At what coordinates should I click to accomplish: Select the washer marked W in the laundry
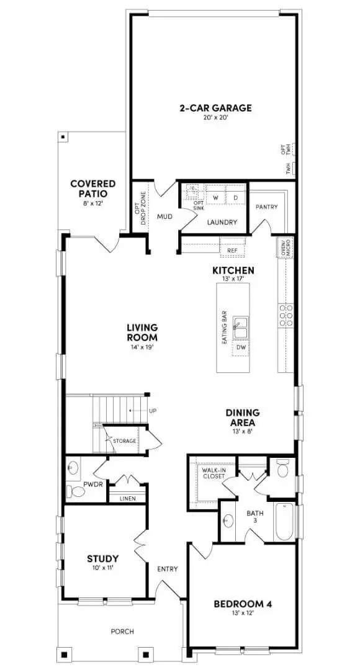pyautogui.click(x=215, y=198)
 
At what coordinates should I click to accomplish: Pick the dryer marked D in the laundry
pyautogui.click(x=236, y=198)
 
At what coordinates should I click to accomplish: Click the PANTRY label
pyautogui.click(x=266, y=207)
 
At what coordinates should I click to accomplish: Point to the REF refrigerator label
pyautogui.click(x=233, y=251)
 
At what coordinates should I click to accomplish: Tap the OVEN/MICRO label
pyautogui.click(x=286, y=248)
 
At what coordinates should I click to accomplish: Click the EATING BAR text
pyautogui.click(x=224, y=326)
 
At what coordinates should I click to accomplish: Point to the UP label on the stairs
pyautogui.click(x=152, y=411)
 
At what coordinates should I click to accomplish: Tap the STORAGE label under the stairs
pyautogui.click(x=124, y=441)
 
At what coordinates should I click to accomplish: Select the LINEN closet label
pyautogui.click(x=127, y=498)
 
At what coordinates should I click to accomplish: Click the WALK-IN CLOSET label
pyautogui.click(x=212, y=473)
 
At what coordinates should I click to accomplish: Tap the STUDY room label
pyautogui.click(x=102, y=558)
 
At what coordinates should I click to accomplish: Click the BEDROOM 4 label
pyautogui.click(x=243, y=604)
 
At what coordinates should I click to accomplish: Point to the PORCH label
pyautogui.click(x=122, y=632)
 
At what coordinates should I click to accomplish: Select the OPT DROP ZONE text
pyautogui.click(x=141, y=203)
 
